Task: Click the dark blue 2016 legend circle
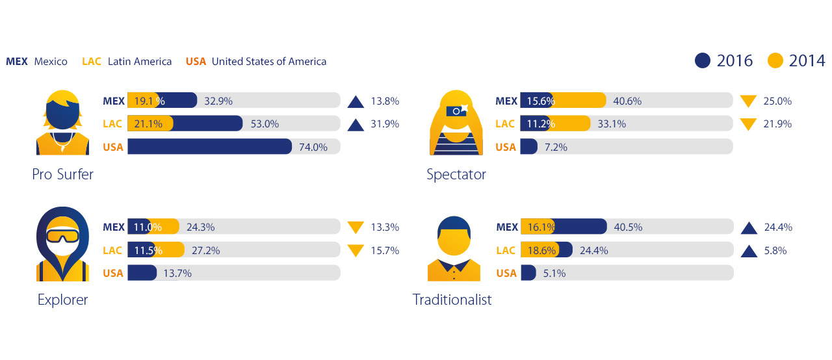(703, 60)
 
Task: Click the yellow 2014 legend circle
(775, 60)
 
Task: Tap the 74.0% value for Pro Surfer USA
(313, 147)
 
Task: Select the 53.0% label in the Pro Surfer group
(264, 123)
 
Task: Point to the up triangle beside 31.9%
(356, 123)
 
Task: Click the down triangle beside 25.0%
(748, 101)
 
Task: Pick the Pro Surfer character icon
(62, 123)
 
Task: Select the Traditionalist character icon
(454, 248)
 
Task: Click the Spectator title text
(456, 174)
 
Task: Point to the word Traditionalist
(452, 300)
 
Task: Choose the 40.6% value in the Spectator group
(627, 101)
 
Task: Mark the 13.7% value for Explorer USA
(177, 274)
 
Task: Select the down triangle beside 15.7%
(356, 250)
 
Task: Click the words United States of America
(268, 62)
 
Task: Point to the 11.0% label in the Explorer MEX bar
(147, 227)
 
